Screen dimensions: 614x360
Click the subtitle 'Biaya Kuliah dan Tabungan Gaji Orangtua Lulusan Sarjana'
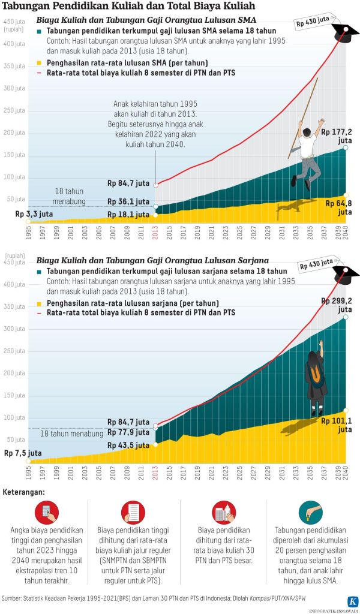coord(152,260)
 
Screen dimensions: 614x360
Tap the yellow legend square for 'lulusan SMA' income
coord(40,62)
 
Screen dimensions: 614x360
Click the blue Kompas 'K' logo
coord(352,600)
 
